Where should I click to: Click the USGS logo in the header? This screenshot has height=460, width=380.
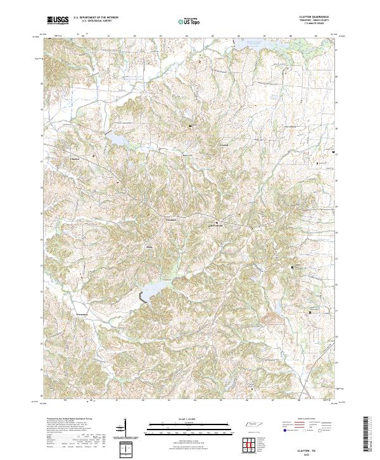click(58, 20)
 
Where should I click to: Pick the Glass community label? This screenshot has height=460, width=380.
click(150, 246)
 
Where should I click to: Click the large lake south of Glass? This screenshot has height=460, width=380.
click(155, 291)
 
